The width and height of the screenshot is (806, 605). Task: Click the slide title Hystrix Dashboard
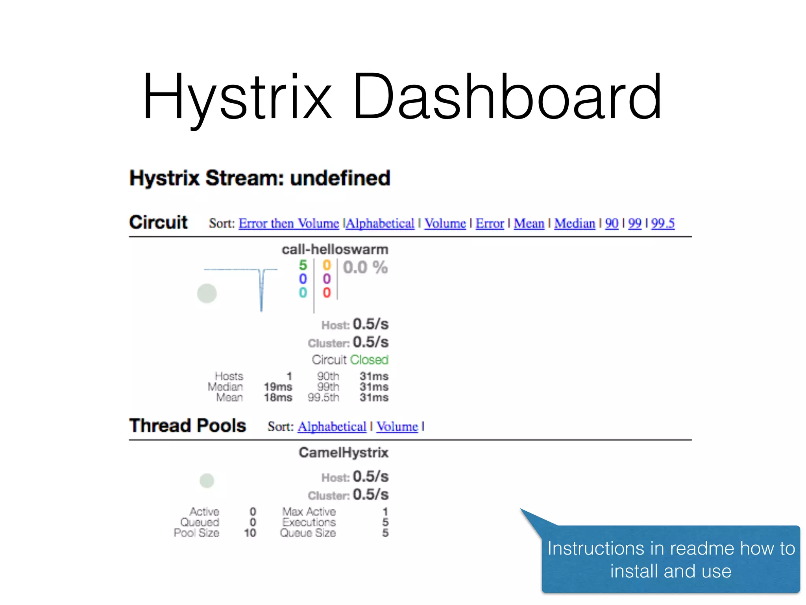point(402,97)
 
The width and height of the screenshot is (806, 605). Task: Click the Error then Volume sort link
point(288,223)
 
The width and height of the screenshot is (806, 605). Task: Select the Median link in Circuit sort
point(574,223)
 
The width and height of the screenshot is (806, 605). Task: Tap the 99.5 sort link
point(662,223)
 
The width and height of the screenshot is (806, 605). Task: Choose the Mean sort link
point(529,223)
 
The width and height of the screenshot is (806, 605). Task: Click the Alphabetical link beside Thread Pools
point(331,427)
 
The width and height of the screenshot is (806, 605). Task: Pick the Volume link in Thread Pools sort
point(397,427)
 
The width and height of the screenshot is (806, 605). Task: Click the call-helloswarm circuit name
point(335,249)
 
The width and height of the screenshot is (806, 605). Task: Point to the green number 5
point(303,265)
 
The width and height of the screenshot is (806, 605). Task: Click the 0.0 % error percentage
point(365,267)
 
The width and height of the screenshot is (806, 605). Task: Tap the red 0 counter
point(327,293)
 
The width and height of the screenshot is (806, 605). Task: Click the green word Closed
point(369,360)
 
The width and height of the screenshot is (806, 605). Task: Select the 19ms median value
point(278,387)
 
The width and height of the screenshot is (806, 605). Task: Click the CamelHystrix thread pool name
point(343,452)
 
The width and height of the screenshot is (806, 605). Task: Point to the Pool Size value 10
point(250,533)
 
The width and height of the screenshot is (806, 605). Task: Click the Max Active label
point(309,512)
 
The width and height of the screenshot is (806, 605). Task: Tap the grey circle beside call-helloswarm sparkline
point(207,293)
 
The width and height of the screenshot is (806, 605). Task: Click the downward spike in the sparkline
point(261,291)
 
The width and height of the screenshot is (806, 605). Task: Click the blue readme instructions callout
point(671,559)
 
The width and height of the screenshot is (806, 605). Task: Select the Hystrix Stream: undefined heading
point(260,178)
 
